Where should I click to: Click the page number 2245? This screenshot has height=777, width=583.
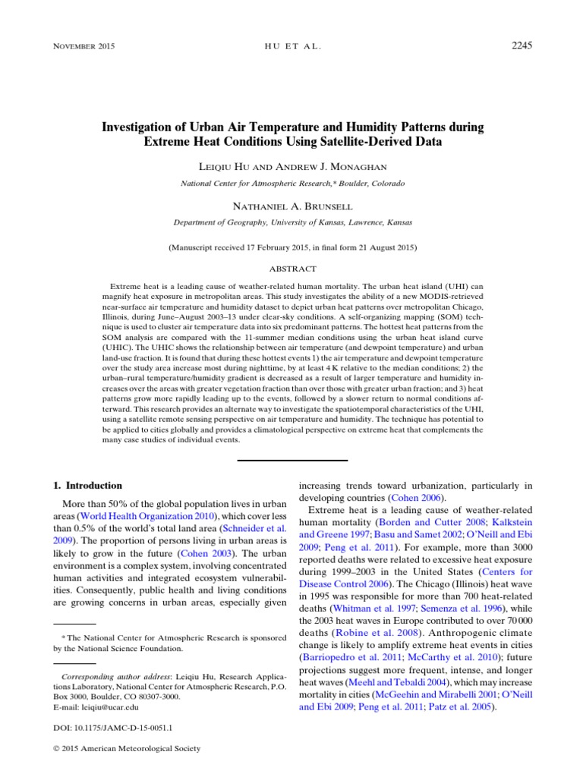pos(522,46)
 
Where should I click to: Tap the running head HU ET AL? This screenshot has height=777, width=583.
pos(291,46)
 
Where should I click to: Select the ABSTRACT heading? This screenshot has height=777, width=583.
pos(292,269)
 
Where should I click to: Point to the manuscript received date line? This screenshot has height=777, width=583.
pos(292,247)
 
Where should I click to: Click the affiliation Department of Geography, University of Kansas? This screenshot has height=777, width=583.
pos(292,223)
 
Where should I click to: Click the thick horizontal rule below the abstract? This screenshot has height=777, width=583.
pos(292,460)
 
